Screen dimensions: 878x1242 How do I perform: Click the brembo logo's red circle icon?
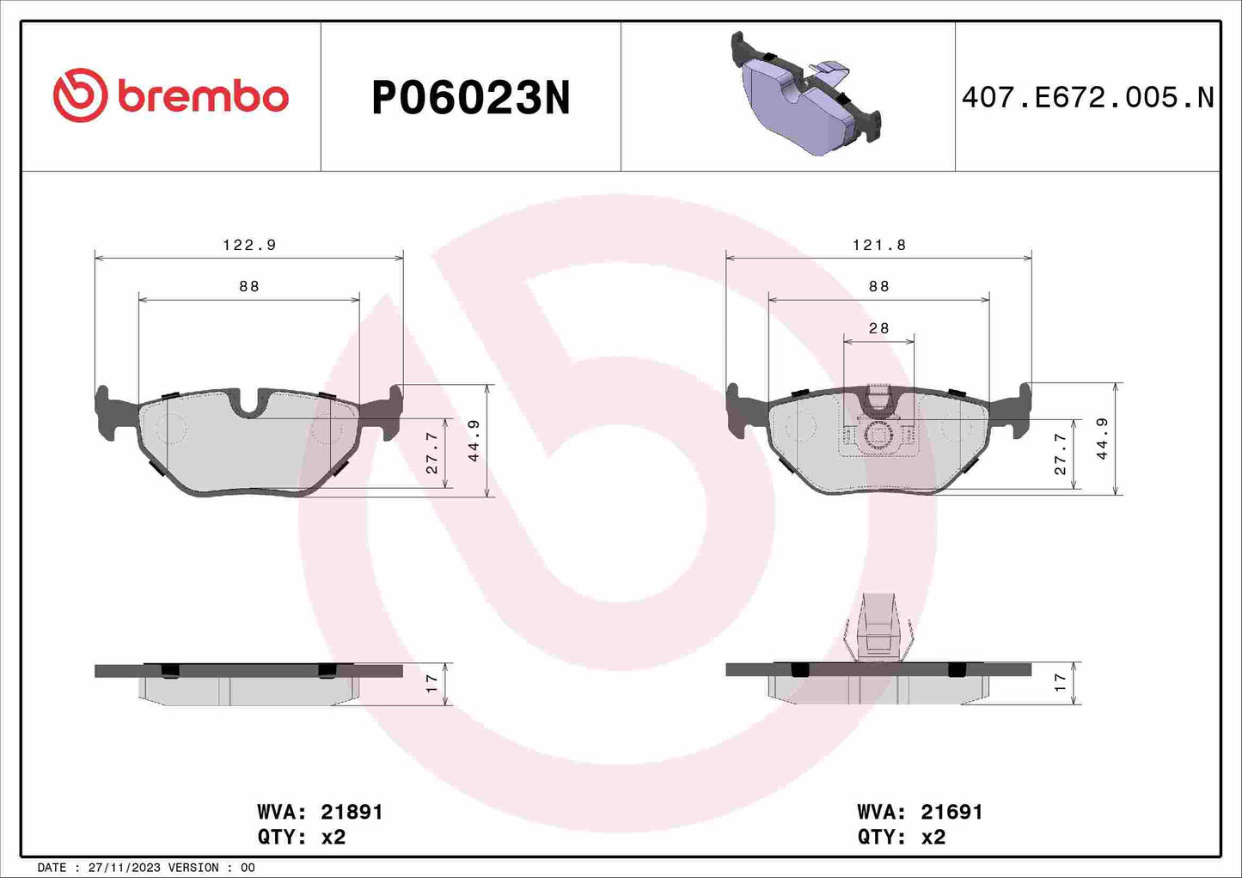pyautogui.click(x=80, y=95)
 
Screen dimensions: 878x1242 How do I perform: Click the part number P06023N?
pyautogui.click(x=470, y=98)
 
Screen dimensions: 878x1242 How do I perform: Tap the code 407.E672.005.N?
pyautogui.click(x=1087, y=98)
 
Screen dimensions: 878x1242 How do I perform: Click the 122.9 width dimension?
pyautogui.click(x=249, y=245)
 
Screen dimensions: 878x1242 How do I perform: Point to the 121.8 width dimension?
pyautogui.click(x=879, y=245)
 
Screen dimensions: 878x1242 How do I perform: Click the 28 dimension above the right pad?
pyautogui.click(x=878, y=328)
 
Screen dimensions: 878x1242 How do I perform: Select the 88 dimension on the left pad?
pyautogui.click(x=249, y=286)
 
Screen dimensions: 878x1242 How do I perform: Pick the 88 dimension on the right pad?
pyautogui.click(x=878, y=286)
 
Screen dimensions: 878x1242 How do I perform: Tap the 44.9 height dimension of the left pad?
pyautogui.click(x=474, y=441)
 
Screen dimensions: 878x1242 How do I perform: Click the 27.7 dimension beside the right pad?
pyautogui.click(x=1061, y=454)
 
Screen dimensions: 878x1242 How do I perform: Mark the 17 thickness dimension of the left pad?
pyautogui.click(x=431, y=684)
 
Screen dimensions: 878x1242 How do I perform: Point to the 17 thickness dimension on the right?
pyautogui.click(x=1060, y=684)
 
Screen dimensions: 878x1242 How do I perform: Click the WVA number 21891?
pyautogui.click(x=352, y=812)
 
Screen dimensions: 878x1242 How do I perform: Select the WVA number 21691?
pyautogui.click(x=951, y=812)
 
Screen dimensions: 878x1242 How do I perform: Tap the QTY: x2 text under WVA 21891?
pyautogui.click(x=301, y=837)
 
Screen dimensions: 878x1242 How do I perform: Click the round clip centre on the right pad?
pyautogui.click(x=878, y=436)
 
